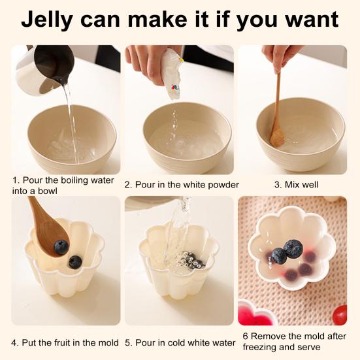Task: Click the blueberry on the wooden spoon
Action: click(x=61, y=247)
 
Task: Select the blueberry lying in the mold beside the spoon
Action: click(x=75, y=262)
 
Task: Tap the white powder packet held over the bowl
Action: click(x=172, y=73)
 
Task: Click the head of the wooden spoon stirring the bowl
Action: click(x=277, y=137)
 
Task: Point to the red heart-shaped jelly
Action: click(x=256, y=314)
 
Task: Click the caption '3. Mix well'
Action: click(x=296, y=185)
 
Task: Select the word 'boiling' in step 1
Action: click(x=72, y=180)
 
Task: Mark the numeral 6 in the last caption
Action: click(x=245, y=336)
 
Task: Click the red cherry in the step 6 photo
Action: click(x=340, y=314)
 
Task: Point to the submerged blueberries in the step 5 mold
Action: click(x=191, y=261)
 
